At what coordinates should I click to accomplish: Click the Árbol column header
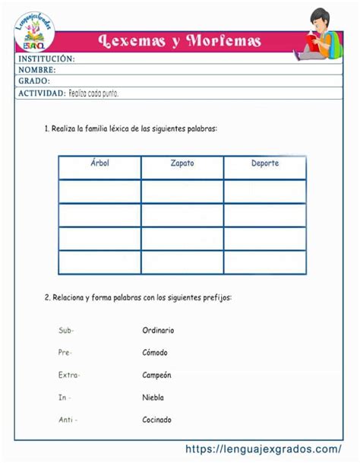(x=99, y=163)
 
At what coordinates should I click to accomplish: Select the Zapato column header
(x=182, y=163)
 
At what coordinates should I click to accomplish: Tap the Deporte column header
(x=265, y=163)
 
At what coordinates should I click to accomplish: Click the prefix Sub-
(x=66, y=331)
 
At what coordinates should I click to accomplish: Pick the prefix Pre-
(x=65, y=353)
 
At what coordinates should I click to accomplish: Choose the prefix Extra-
(x=69, y=375)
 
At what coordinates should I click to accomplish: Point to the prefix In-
(x=63, y=398)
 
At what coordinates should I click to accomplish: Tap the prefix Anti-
(x=68, y=420)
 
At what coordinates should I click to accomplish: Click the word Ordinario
(x=158, y=331)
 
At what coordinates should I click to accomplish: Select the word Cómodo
(x=155, y=353)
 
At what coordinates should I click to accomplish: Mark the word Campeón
(x=156, y=375)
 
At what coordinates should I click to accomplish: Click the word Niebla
(x=153, y=398)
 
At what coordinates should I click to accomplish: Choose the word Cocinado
(x=156, y=420)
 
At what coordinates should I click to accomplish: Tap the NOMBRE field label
(x=37, y=70)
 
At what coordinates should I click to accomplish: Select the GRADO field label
(x=34, y=81)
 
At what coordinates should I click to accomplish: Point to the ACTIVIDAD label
(x=41, y=93)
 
